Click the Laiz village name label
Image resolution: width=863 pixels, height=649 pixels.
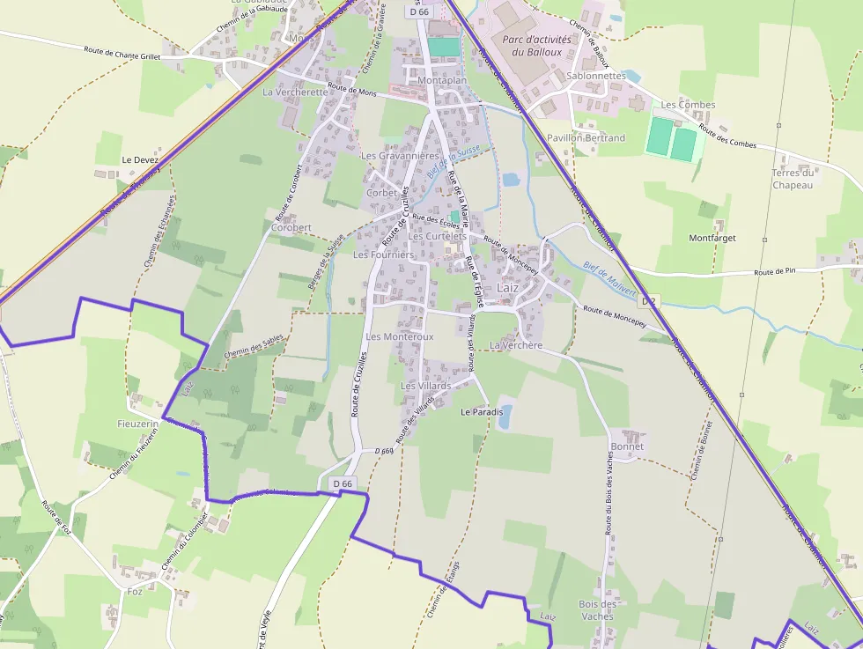click(x=508, y=288)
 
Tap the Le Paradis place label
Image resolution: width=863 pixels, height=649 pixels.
click(x=482, y=412)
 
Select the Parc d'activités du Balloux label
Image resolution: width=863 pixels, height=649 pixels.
click(x=536, y=46)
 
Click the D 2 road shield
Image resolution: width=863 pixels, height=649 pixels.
click(x=649, y=301)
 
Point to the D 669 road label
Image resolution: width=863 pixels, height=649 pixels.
click(x=383, y=451)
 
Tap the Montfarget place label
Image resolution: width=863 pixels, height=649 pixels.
click(x=712, y=238)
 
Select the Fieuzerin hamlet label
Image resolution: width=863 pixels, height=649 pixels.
click(x=137, y=424)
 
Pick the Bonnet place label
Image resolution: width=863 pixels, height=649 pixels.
click(x=626, y=446)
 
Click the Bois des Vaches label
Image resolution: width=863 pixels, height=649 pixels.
click(x=597, y=610)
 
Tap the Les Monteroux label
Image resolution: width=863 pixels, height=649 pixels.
click(x=399, y=336)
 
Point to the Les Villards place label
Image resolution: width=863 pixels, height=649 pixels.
click(x=425, y=386)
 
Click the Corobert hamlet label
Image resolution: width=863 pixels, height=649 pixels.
click(x=291, y=227)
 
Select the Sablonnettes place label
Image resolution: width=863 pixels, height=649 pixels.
click(x=596, y=76)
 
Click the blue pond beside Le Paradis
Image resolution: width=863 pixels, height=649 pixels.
click(x=505, y=416)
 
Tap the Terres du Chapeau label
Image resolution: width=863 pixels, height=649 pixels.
click(x=793, y=179)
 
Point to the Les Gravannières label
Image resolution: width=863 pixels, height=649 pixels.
click(x=400, y=156)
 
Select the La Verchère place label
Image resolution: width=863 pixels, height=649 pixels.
click(x=516, y=346)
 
